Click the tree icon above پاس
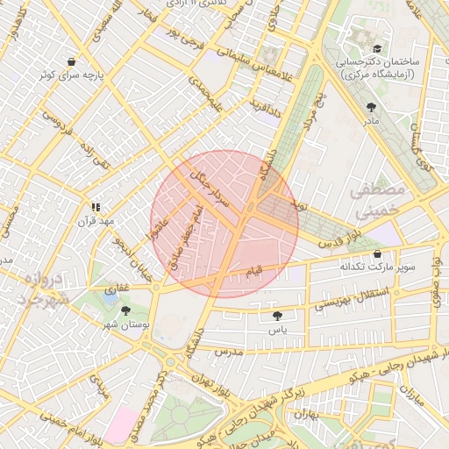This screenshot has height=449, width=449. coord(278,316)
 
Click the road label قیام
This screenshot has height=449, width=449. coord(253,274)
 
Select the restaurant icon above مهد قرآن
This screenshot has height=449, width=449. coord(95,207)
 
